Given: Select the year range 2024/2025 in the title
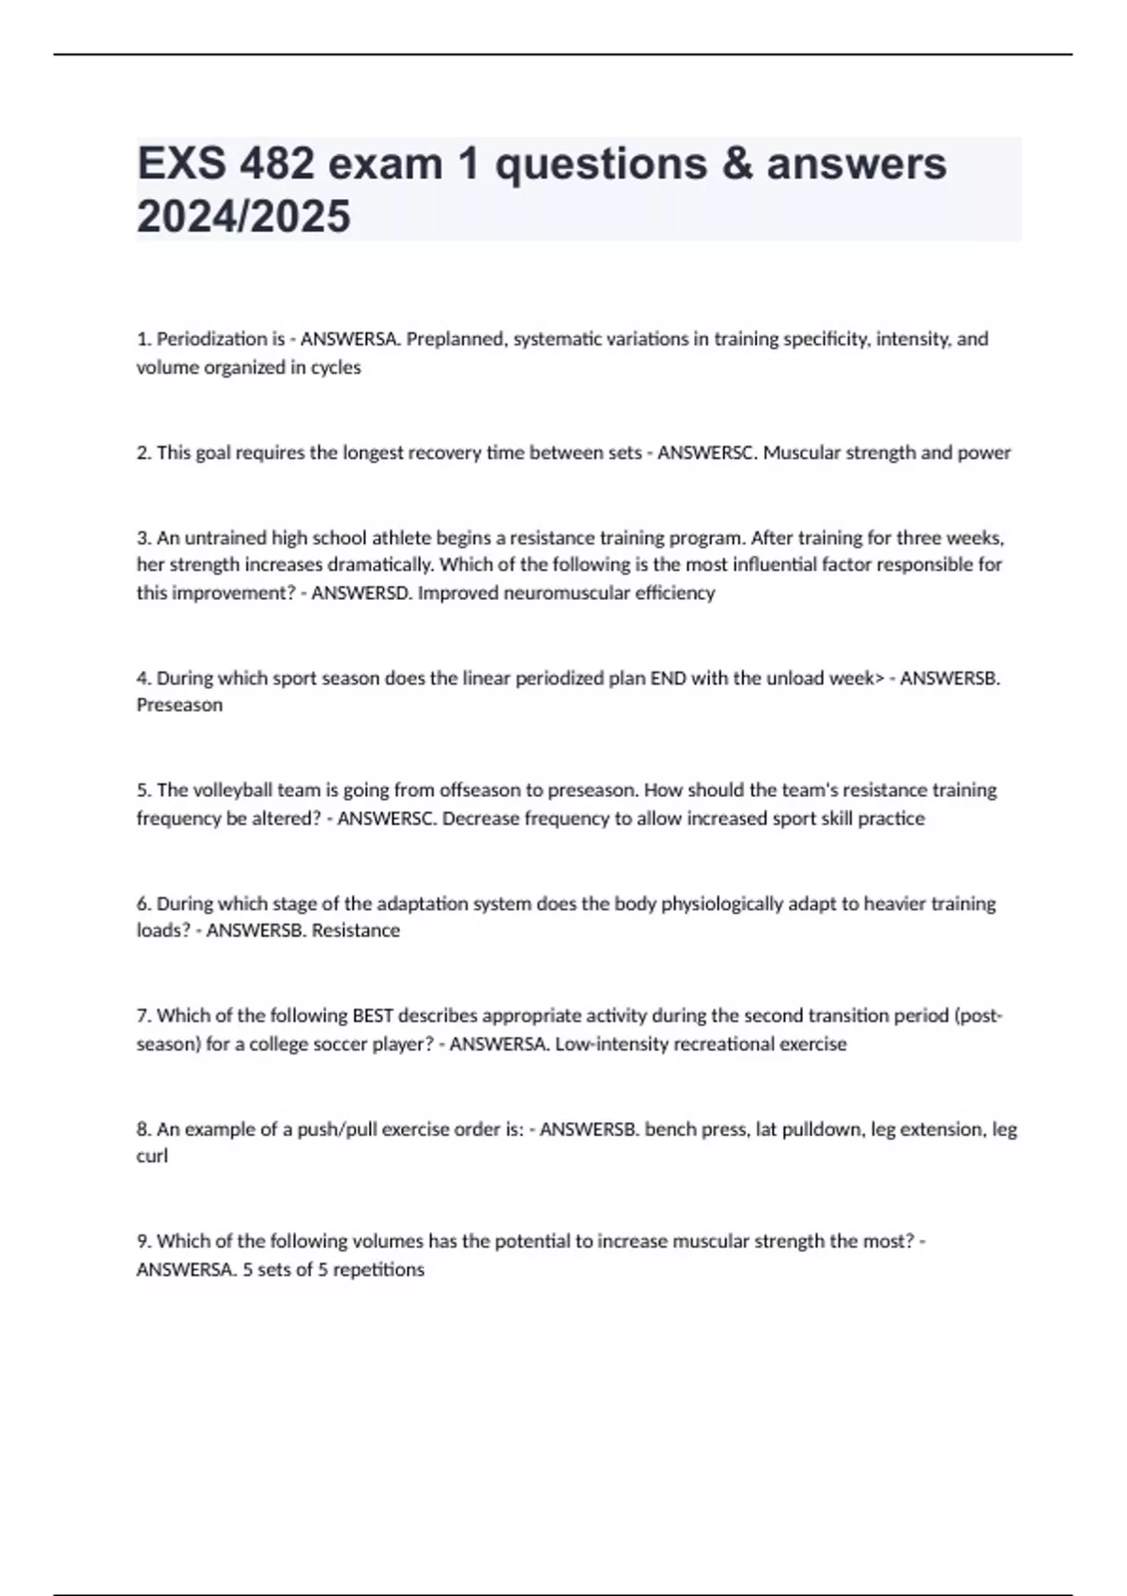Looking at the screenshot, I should pyautogui.click(x=243, y=217).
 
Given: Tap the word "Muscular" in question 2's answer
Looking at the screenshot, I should pyautogui.click(x=801, y=453).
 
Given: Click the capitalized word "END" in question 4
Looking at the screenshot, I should pyautogui.click(x=667, y=678).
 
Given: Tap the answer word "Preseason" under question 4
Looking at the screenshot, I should pyautogui.click(x=179, y=705).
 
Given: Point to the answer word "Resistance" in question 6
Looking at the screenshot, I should pyautogui.click(x=355, y=930).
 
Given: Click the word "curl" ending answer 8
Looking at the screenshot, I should pyautogui.click(x=152, y=1157).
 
